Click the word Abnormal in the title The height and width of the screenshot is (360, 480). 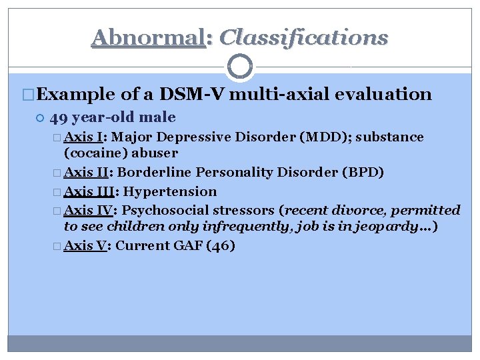pos(147,37)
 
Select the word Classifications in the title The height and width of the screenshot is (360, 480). pos(303,37)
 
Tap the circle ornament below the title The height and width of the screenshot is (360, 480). pos(240,67)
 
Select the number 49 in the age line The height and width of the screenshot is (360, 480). pos(58,118)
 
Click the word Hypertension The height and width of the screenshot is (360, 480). pos(170,192)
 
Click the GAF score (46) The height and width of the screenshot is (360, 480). pos(221,246)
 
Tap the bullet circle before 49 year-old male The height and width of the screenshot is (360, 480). pos(39,119)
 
